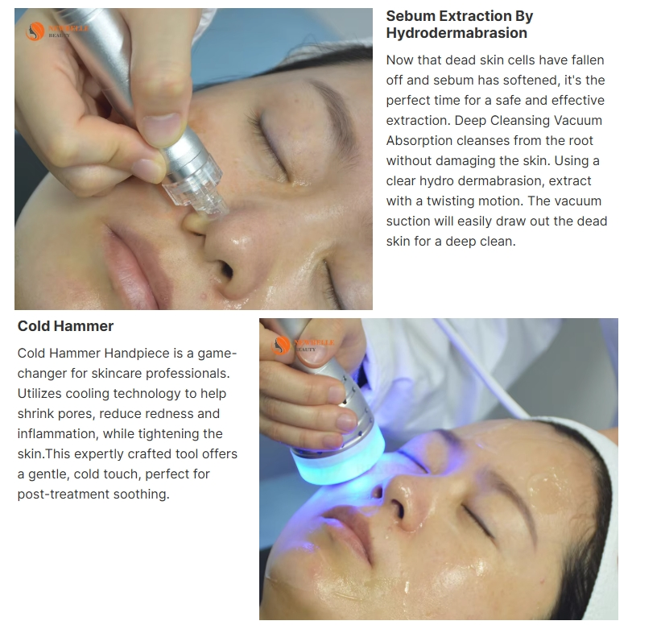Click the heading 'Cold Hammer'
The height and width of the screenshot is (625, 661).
[x=65, y=326]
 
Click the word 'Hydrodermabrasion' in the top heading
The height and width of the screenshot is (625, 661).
[x=457, y=33]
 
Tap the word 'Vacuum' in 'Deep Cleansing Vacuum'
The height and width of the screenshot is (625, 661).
[x=578, y=121]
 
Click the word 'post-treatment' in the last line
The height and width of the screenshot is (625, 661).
[x=60, y=495]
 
